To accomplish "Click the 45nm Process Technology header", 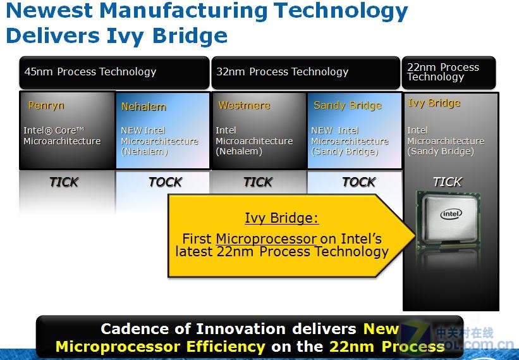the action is click(90, 71).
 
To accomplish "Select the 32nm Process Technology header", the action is click(282, 71).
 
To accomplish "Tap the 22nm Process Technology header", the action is click(443, 72).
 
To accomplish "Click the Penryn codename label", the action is click(46, 105).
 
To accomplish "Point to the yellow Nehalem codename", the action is click(143, 107).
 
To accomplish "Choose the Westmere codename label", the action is click(244, 105).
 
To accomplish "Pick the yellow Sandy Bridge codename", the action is click(348, 106).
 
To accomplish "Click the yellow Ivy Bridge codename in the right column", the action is click(434, 103).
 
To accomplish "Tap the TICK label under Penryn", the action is click(64, 182).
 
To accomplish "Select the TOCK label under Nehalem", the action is click(165, 182).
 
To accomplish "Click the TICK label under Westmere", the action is click(258, 182).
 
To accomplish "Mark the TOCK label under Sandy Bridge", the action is click(359, 182).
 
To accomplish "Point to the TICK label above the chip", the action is click(448, 182).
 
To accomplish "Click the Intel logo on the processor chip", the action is click(451, 214).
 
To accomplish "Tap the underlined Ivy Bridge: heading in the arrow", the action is click(282, 218).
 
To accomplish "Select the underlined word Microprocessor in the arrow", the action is click(266, 239).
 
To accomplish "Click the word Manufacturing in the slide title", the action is click(183, 10).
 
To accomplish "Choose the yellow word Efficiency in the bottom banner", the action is click(225, 347).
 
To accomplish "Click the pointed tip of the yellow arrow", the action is click(416, 235).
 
